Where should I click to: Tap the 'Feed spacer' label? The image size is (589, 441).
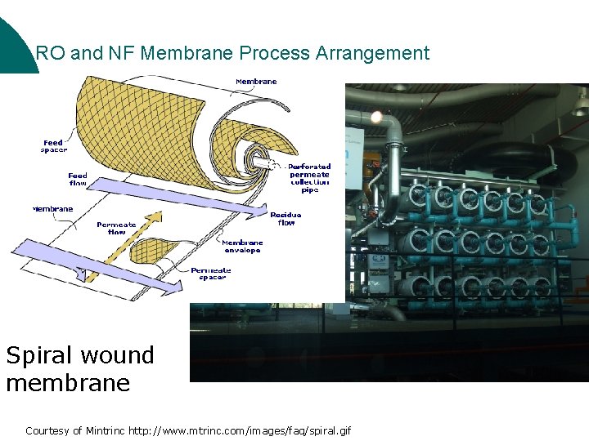click(54, 146)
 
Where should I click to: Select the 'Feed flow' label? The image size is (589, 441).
click(78, 179)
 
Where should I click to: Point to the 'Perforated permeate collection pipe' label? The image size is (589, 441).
click(310, 178)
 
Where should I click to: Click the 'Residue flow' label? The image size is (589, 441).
click(286, 219)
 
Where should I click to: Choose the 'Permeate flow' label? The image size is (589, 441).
click(116, 228)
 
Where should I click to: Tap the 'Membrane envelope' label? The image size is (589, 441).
click(242, 246)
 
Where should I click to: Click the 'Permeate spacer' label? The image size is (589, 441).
click(211, 274)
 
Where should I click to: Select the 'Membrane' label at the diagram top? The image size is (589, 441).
click(256, 82)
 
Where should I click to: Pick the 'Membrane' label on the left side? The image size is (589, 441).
click(53, 209)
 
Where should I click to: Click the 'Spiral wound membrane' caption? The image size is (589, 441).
click(80, 368)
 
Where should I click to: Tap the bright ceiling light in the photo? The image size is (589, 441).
click(376, 117)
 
